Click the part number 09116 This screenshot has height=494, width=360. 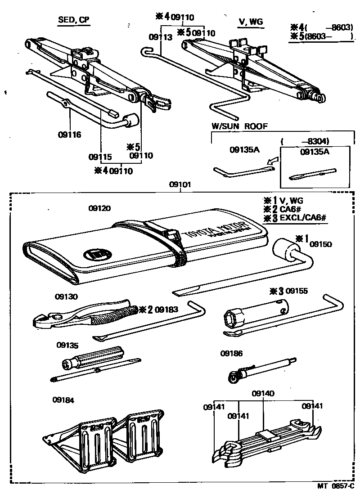click(69, 134)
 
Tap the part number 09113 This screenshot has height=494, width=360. click(161, 38)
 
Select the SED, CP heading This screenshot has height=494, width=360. click(73, 20)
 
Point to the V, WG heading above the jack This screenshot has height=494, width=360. click(250, 22)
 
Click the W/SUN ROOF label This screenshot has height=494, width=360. click(239, 126)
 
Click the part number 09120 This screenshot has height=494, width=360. click(99, 208)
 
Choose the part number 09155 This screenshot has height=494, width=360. click(297, 291)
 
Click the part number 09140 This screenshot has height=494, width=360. click(263, 393)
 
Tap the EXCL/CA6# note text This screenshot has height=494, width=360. click(302, 219)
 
